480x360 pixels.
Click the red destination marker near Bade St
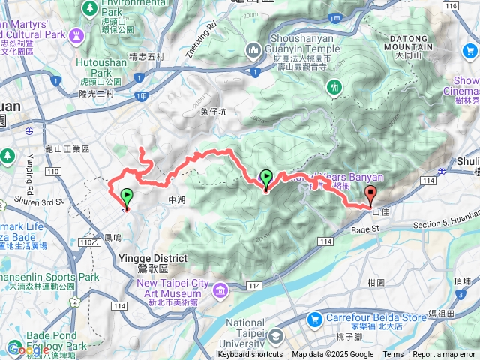(x=370, y=196)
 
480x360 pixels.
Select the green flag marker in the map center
(x=266, y=179)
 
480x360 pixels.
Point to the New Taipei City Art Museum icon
(x=220, y=289)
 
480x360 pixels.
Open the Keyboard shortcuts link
(x=250, y=355)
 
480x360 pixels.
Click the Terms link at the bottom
(x=393, y=355)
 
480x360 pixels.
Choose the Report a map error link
(x=445, y=355)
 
